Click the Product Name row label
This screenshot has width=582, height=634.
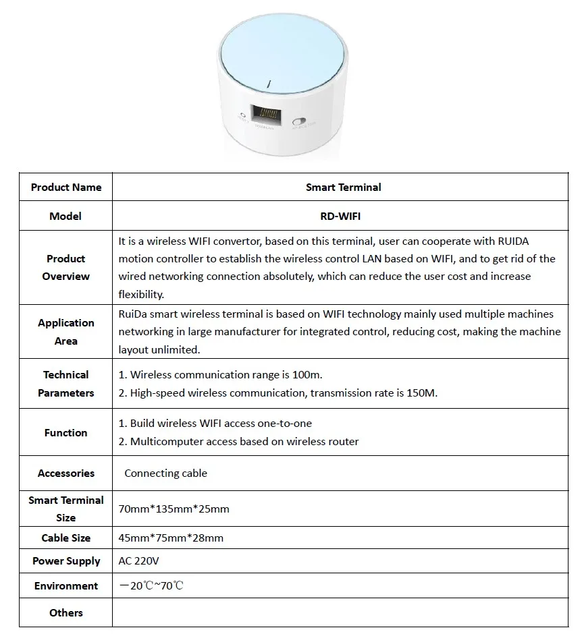click(x=66, y=188)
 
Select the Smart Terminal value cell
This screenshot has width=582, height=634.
click(x=343, y=188)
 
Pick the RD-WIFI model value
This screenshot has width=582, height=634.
click(x=343, y=216)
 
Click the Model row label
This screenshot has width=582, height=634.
click(x=66, y=216)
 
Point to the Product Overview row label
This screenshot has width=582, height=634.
click(x=66, y=268)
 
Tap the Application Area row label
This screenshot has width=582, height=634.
click(x=66, y=332)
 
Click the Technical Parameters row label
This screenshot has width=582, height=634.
click(x=66, y=384)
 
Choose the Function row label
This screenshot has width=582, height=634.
click(x=66, y=433)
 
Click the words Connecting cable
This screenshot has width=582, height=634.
click(x=165, y=473)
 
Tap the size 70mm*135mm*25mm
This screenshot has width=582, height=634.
click(x=174, y=509)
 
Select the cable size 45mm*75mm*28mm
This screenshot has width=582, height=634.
click(x=171, y=538)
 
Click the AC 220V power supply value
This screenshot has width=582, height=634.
click(x=139, y=561)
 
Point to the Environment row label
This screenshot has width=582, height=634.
click(x=66, y=586)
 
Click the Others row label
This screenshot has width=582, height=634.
click(x=66, y=613)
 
